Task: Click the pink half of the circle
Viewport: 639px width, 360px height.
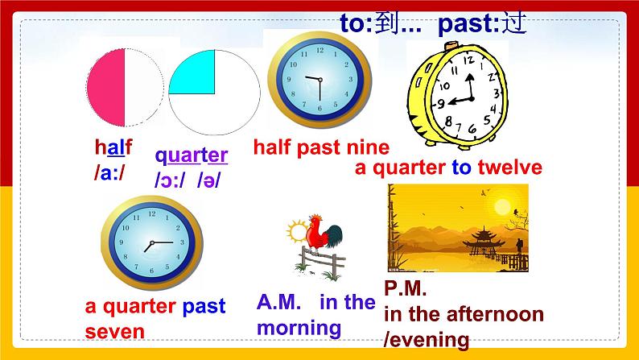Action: click(106, 88)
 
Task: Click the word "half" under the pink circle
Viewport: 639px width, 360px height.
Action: click(113, 147)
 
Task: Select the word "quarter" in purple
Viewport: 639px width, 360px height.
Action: click(191, 156)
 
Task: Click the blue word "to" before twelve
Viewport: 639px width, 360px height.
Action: click(462, 168)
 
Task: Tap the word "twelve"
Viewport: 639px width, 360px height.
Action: click(509, 167)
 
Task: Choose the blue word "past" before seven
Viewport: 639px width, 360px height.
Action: click(204, 307)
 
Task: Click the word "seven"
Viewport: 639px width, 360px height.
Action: click(114, 332)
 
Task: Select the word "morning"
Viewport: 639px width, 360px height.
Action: click(299, 329)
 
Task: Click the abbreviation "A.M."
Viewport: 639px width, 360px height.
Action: click(278, 302)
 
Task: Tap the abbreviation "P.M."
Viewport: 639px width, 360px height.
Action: click(405, 288)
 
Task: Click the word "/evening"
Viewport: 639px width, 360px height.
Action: click(427, 340)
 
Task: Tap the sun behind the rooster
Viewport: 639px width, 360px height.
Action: click(298, 232)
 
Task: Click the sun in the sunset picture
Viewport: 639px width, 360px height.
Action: click(502, 205)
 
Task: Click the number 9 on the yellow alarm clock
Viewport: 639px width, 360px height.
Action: click(440, 105)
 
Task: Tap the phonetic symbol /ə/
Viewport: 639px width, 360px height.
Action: click(208, 180)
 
